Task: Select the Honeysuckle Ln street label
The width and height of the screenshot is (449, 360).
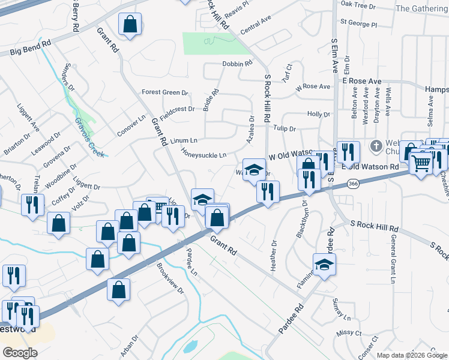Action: coord(204,154)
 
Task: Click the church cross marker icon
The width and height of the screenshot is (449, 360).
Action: coord(376,146)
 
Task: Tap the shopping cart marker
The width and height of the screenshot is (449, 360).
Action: coord(421,161)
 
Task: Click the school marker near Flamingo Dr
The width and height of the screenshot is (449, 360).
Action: coord(324,264)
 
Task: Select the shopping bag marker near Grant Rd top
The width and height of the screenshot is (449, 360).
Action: coord(130,25)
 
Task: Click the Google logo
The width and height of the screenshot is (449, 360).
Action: coord(19,352)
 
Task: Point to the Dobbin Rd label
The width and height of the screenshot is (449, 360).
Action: coord(237,64)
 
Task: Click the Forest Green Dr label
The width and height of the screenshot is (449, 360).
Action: coord(164,92)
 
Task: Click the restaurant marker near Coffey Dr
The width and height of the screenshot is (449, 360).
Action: coord(32,205)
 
